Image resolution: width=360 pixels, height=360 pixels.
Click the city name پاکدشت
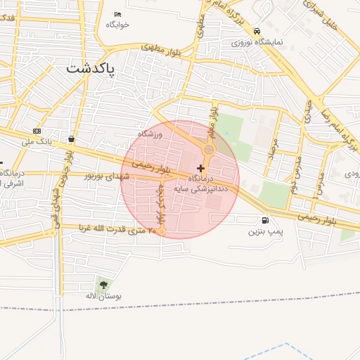point(93,68)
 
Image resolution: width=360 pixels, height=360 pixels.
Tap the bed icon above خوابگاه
point(117,14)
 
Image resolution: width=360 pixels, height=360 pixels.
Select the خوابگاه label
point(118,24)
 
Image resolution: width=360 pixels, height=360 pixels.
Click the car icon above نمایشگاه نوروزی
point(257,32)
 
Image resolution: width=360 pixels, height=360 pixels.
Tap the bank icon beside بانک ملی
point(37,131)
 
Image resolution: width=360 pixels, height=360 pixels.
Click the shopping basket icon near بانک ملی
point(72,139)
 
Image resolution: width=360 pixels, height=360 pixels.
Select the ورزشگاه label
point(150,133)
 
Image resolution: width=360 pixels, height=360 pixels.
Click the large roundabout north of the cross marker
point(209,150)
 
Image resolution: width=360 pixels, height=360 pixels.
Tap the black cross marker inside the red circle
point(202,168)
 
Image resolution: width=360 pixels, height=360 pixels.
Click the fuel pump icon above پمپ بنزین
point(264,221)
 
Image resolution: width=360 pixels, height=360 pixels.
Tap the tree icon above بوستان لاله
point(104,285)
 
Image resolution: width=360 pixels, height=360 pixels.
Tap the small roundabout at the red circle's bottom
point(162,231)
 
